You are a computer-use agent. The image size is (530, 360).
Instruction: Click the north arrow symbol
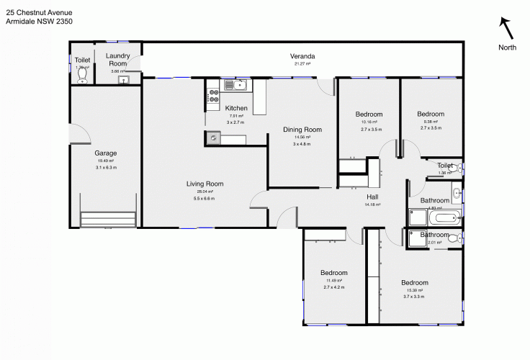tap(507, 28)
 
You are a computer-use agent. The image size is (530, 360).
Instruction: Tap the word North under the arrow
tap(507, 48)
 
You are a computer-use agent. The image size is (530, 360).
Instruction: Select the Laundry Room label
tap(116, 59)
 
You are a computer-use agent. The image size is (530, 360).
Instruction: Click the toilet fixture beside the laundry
tap(81, 75)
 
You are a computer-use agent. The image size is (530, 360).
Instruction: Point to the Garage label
tap(105, 153)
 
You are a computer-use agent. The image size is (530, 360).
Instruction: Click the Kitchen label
tap(236, 108)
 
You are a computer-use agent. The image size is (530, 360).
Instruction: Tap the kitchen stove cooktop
tap(213, 95)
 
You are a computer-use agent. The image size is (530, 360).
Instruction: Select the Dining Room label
tap(302, 130)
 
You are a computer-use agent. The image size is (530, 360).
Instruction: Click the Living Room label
tap(205, 184)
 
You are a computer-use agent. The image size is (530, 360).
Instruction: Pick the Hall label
tap(372, 197)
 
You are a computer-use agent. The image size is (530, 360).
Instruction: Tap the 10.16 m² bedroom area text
tap(369, 122)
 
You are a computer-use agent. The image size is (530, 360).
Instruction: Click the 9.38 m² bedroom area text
tap(431, 122)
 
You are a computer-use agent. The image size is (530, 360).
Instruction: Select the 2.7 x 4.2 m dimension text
tap(334, 287)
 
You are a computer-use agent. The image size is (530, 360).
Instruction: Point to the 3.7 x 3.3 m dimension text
tap(414, 297)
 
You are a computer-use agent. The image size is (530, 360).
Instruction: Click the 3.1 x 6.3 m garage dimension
tap(106, 167)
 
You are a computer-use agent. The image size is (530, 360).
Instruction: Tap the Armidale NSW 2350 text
tap(39, 21)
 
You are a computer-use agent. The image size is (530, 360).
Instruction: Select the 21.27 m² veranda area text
tap(302, 64)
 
